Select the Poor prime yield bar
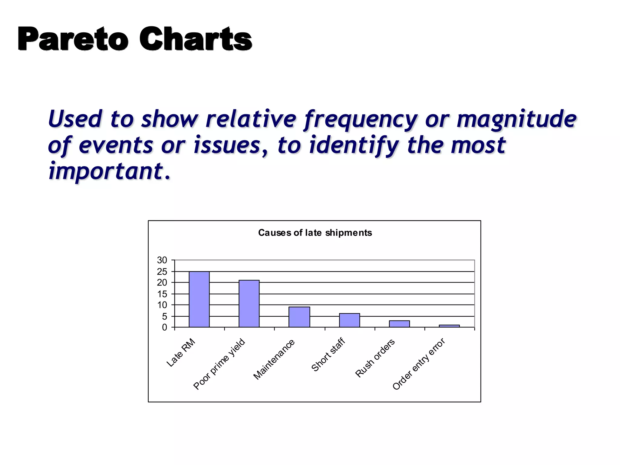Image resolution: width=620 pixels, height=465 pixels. click(x=249, y=304)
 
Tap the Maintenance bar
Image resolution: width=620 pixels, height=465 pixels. click(x=299, y=317)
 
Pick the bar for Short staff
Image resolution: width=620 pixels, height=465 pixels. click(x=349, y=320)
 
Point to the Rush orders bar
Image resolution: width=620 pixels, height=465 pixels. click(x=399, y=324)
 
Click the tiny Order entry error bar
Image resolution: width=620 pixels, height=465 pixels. click(x=449, y=326)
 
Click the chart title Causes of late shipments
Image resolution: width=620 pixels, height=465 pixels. click(x=315, y=232)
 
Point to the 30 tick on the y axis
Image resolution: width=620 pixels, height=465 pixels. click(x=162, y=260)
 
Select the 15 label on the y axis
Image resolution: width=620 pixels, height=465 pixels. click(x=162, y=294)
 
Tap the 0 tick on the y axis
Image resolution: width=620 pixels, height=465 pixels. click(x=164, y=327)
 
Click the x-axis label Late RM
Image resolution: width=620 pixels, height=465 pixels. click(x=181, y=353)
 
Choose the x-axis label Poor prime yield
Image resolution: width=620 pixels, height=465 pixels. click(x=219, y=364)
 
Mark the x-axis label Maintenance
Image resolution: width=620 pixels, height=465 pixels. click(x=274, y=359)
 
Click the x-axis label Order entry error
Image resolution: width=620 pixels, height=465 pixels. click(x=419, y=364)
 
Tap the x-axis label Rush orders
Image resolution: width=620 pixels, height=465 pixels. click(x=375, y=358)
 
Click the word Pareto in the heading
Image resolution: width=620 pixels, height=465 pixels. click(x=73, y=39)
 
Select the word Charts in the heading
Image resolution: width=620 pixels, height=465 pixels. click(x=195, y=39)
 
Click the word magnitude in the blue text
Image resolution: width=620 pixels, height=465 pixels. click(x=516, y=119)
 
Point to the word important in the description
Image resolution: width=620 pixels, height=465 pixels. click(x=106, y=171)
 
